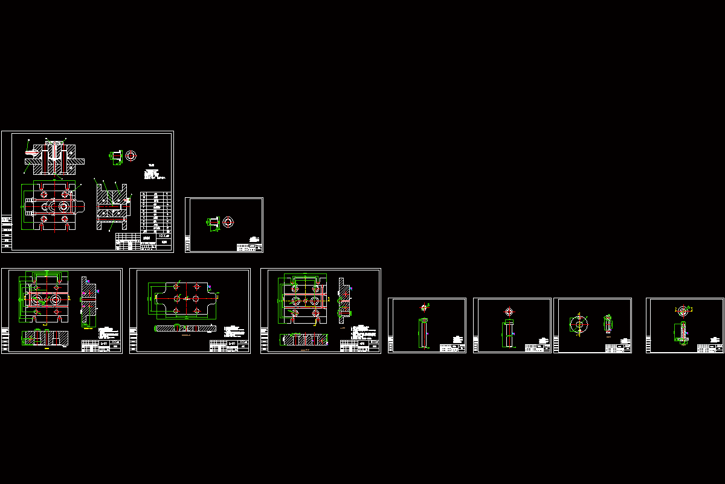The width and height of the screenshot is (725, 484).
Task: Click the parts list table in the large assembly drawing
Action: pos(155,212)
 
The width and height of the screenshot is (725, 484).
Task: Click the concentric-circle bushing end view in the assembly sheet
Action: pos(130,155)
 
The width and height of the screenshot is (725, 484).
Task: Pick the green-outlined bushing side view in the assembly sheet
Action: pos(116,156)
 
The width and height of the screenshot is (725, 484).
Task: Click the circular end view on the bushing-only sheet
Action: pos(228,222)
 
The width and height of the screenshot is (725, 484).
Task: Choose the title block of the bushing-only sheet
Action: pos(250,246)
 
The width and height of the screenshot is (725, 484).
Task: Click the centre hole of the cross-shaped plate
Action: pos(187,299)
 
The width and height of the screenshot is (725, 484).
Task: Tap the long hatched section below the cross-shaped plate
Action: pos(185,328)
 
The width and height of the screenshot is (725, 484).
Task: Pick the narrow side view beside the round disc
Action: pos(608,324)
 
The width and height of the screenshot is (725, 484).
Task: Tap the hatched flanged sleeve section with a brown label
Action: pos(681,332)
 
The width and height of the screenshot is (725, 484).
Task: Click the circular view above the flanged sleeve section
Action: pos(683,312)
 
